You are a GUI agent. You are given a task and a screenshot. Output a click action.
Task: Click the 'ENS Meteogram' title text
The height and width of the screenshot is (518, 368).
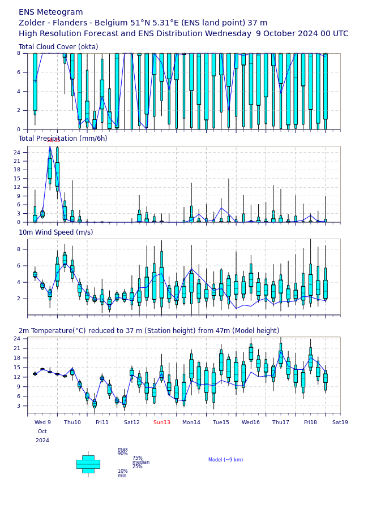(51, 12)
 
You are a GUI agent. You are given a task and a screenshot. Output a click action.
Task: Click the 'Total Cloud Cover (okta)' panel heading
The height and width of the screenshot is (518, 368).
(58, 47)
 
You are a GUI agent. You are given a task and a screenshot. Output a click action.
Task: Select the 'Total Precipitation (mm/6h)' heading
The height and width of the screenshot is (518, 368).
(63, 139)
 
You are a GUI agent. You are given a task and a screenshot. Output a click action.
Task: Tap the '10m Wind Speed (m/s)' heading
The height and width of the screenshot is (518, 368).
(55, 232)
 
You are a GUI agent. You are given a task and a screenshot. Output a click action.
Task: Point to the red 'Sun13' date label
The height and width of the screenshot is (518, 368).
(161, 422)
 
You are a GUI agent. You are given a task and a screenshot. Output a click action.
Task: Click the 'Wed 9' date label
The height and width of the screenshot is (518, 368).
(42, 422)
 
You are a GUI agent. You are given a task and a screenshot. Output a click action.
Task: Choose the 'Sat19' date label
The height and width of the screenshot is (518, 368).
(340, 422)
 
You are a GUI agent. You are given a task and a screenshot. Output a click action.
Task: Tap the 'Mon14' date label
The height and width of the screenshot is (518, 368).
(191, 422)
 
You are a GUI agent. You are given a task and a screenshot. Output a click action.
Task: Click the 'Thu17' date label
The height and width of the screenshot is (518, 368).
(280, 422)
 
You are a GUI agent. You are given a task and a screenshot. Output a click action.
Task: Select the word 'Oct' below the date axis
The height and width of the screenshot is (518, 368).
(42, 431)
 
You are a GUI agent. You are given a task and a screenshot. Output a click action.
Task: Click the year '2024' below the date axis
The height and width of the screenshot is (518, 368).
(42, 441)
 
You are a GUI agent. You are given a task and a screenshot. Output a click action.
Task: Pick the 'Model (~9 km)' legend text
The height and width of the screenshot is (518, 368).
(225, 460)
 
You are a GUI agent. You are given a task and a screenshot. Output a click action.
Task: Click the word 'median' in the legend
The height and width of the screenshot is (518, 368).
(141, 462)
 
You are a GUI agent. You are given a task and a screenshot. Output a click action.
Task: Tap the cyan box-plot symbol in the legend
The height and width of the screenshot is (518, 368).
(88, 464)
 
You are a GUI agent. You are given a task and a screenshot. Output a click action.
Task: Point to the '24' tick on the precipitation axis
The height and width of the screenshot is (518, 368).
(16, 153)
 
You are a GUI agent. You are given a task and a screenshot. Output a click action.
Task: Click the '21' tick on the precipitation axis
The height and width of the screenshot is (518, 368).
(16, 161)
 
